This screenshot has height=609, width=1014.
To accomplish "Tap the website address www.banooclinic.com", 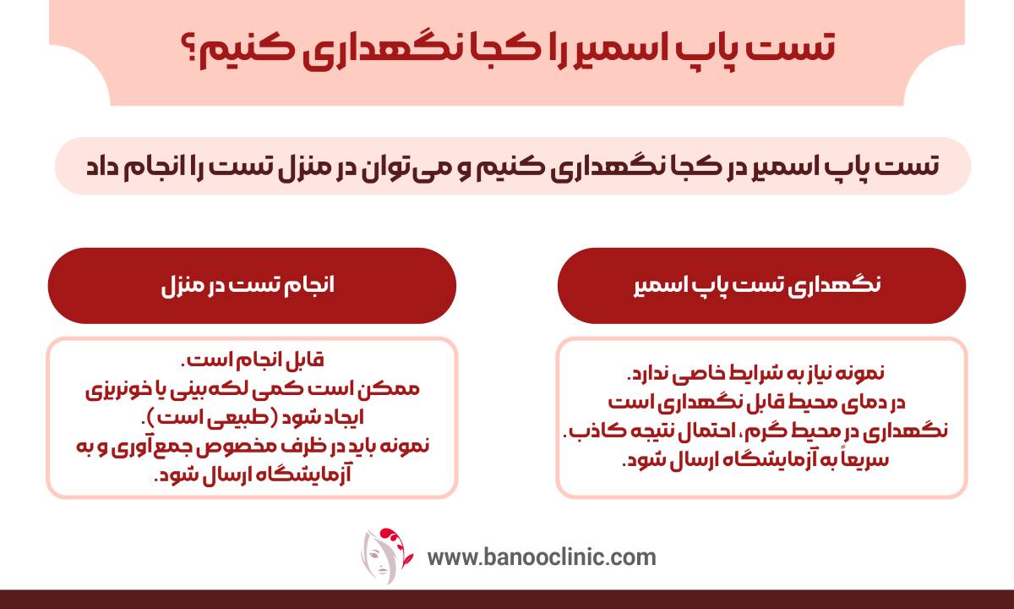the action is (542, 557).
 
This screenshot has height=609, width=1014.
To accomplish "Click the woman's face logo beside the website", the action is (385, 556).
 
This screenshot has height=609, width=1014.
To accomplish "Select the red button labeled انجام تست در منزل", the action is (252, 286).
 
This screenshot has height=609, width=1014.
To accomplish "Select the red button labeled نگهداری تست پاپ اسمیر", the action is (762, 286).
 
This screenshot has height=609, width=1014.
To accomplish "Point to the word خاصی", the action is (697, 373).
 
